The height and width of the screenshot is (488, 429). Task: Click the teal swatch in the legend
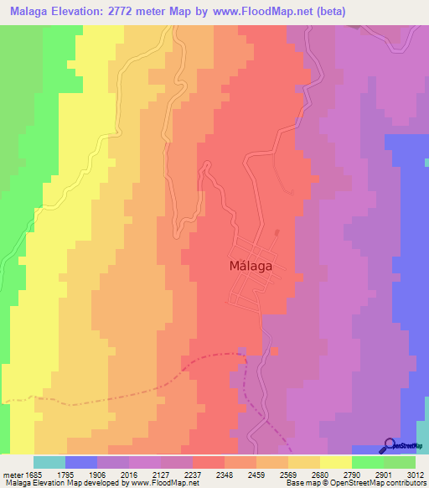pyautogui.click(x=49, y=462)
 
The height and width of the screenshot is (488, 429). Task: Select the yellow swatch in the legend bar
pyautogui.click(x=336, y=462)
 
